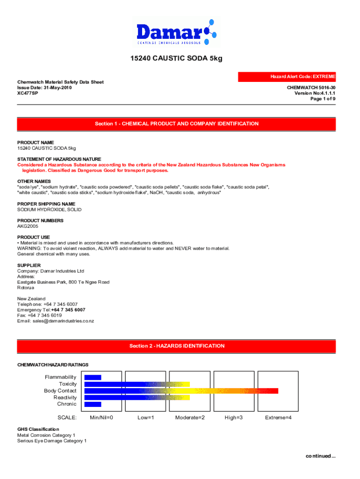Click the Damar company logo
tap(176, 32)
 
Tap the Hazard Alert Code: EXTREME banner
tap(287, 76)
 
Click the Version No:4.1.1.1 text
tap(315, 93)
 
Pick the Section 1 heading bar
tap(176, 124)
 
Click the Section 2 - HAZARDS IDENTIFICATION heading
tap(176, 346)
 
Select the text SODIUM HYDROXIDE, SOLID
tap(49, 210)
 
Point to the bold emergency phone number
tap(68, 310)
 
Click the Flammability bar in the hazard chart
tap(93, 377)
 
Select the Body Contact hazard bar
tap(181, 391)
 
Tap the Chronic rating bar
tap(93, 404)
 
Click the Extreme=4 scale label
tap(278, 417)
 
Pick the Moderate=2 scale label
tap(190, 417)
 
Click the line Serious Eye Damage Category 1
tap(52, 441)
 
